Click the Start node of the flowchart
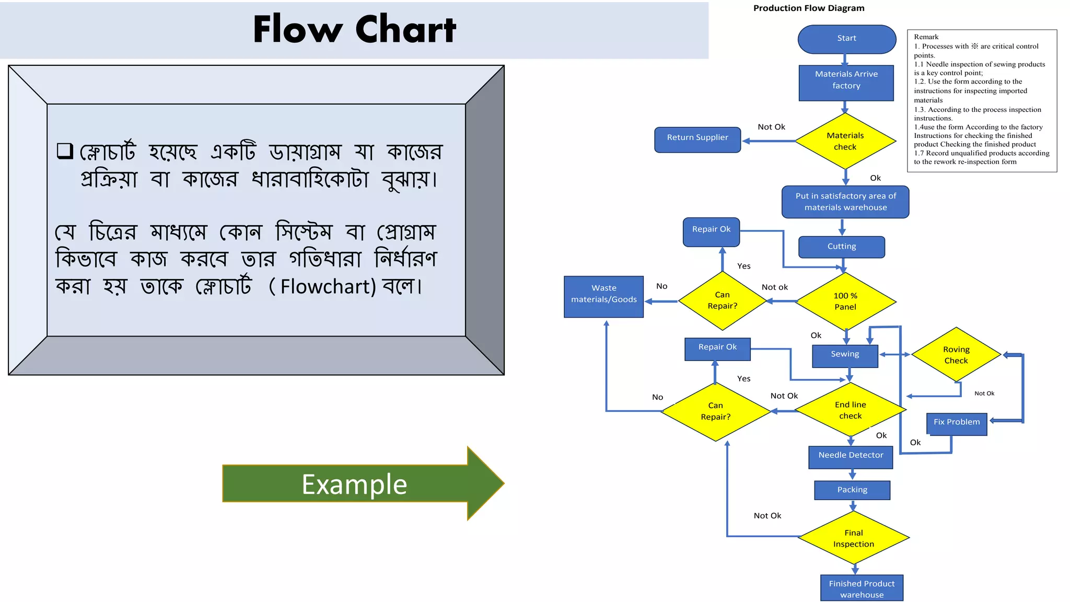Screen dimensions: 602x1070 pyautogui.click(x=846, y=39)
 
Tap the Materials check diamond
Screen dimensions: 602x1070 pyautogui.click(x=845, y=141)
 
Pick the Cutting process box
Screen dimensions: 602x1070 pyautogui.click(x=841, y=247)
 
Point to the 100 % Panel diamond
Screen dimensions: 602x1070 pyautogui.click(x=845, y=301)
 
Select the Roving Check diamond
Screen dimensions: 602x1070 pyautogui.click(x=956, y=355)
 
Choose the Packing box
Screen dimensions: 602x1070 pyautogui.click(x=852, y=490)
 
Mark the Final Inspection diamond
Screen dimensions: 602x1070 pyautogui.click(x=854, y=538)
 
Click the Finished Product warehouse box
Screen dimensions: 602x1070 pyautogui.click(x=862, y=588)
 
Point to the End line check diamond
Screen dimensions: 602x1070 pyautogui.click(x=850, y=410)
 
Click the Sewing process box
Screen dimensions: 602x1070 pyautogui.click(x=845, y=355)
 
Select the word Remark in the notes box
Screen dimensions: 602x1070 pyautogui.click(x=926, y=37)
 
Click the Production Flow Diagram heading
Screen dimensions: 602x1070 pyautogui.click(x=808, y=8)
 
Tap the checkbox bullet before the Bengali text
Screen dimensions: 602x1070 pyautogui.click(x=65, y=151)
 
